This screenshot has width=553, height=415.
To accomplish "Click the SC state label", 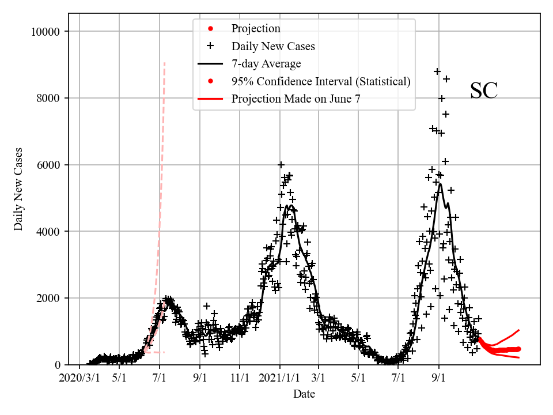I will tap(483, 91).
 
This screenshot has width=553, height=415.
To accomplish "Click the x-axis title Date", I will tap(304, 394).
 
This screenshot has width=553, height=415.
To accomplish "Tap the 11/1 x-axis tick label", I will tap(240, 379).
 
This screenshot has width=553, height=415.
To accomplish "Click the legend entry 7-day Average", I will tap(266, 63).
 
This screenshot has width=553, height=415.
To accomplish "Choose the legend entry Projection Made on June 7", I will tap(296, 99).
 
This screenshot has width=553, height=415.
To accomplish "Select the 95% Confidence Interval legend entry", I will tap(321, 81).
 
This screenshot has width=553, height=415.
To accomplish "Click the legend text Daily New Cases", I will tap(273, 46).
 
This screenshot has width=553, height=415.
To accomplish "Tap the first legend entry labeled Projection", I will tap(256, 29).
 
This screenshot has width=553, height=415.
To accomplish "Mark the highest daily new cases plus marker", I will tap(437, 71).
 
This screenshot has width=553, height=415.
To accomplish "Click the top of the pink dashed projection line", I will tap(164, 62).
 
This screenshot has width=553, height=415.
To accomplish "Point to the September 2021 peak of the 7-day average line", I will tap(440, 184).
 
